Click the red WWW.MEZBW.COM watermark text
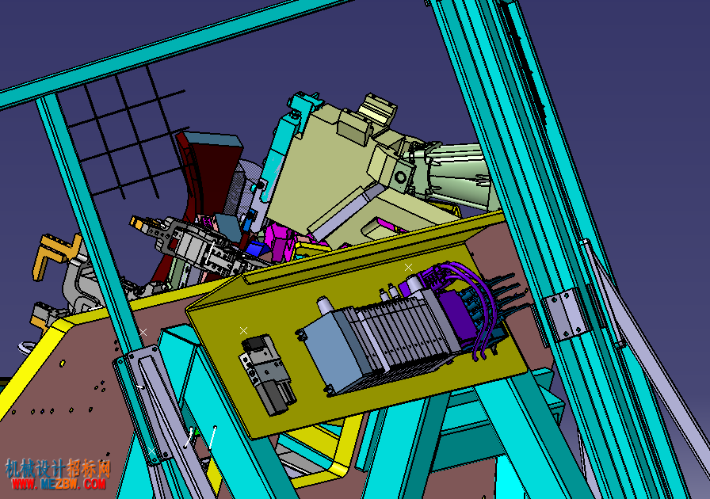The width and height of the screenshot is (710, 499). (x=59, y=483)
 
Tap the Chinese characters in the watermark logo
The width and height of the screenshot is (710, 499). (x=58, y=468)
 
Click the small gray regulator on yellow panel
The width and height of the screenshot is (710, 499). (x=267, y=374)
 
